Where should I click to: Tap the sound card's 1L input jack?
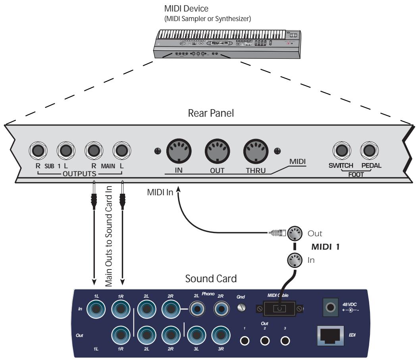click(x=96, y=310)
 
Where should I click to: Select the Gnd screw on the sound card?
click(x=240, y=308)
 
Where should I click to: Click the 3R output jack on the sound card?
click(x=220, y=334)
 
